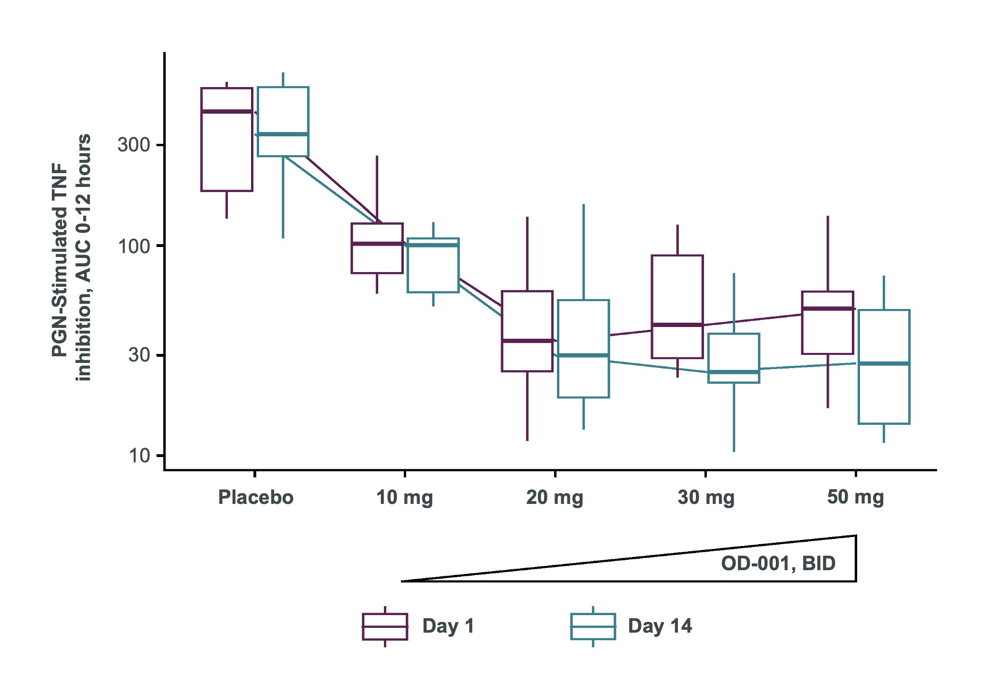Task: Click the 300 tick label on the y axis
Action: (134, 145)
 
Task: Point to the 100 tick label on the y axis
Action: (134, 247)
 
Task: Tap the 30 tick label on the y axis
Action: (139, 354)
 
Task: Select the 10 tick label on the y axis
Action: (139, 456)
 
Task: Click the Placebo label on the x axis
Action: (256, 497)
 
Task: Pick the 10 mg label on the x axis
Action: (405, 498)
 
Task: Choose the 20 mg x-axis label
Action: (555, 498)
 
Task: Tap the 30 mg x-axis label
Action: (706, 498)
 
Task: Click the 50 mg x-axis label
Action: (855, 497)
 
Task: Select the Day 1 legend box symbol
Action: (385, 626)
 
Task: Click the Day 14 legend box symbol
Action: (593, 626)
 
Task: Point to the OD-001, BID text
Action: (778, 564)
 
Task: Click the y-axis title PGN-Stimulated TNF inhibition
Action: (71, 258)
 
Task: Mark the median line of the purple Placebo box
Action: (227, 112)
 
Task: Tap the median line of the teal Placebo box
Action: (283, 134)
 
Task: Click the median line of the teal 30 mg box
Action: (734, 372)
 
